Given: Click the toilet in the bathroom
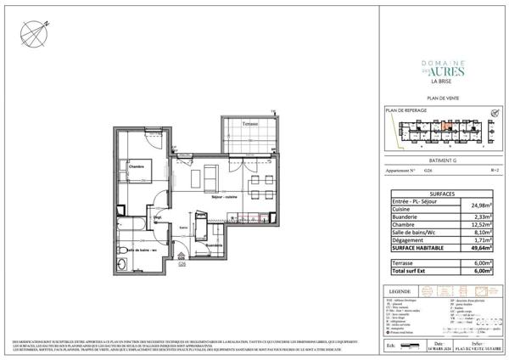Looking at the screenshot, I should pos(123,249).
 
